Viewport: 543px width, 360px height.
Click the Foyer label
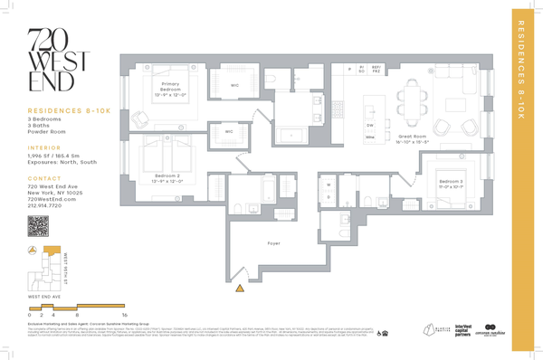273,243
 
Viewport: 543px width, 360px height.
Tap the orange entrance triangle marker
240,289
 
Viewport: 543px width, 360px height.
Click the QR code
38,227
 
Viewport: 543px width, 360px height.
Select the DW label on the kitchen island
370,125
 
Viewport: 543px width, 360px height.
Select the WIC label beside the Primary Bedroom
233,86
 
